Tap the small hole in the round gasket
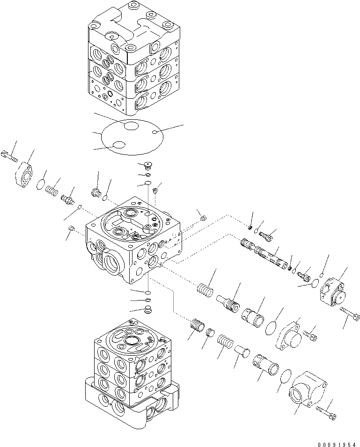pyautogui.click(x=154, y=133)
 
